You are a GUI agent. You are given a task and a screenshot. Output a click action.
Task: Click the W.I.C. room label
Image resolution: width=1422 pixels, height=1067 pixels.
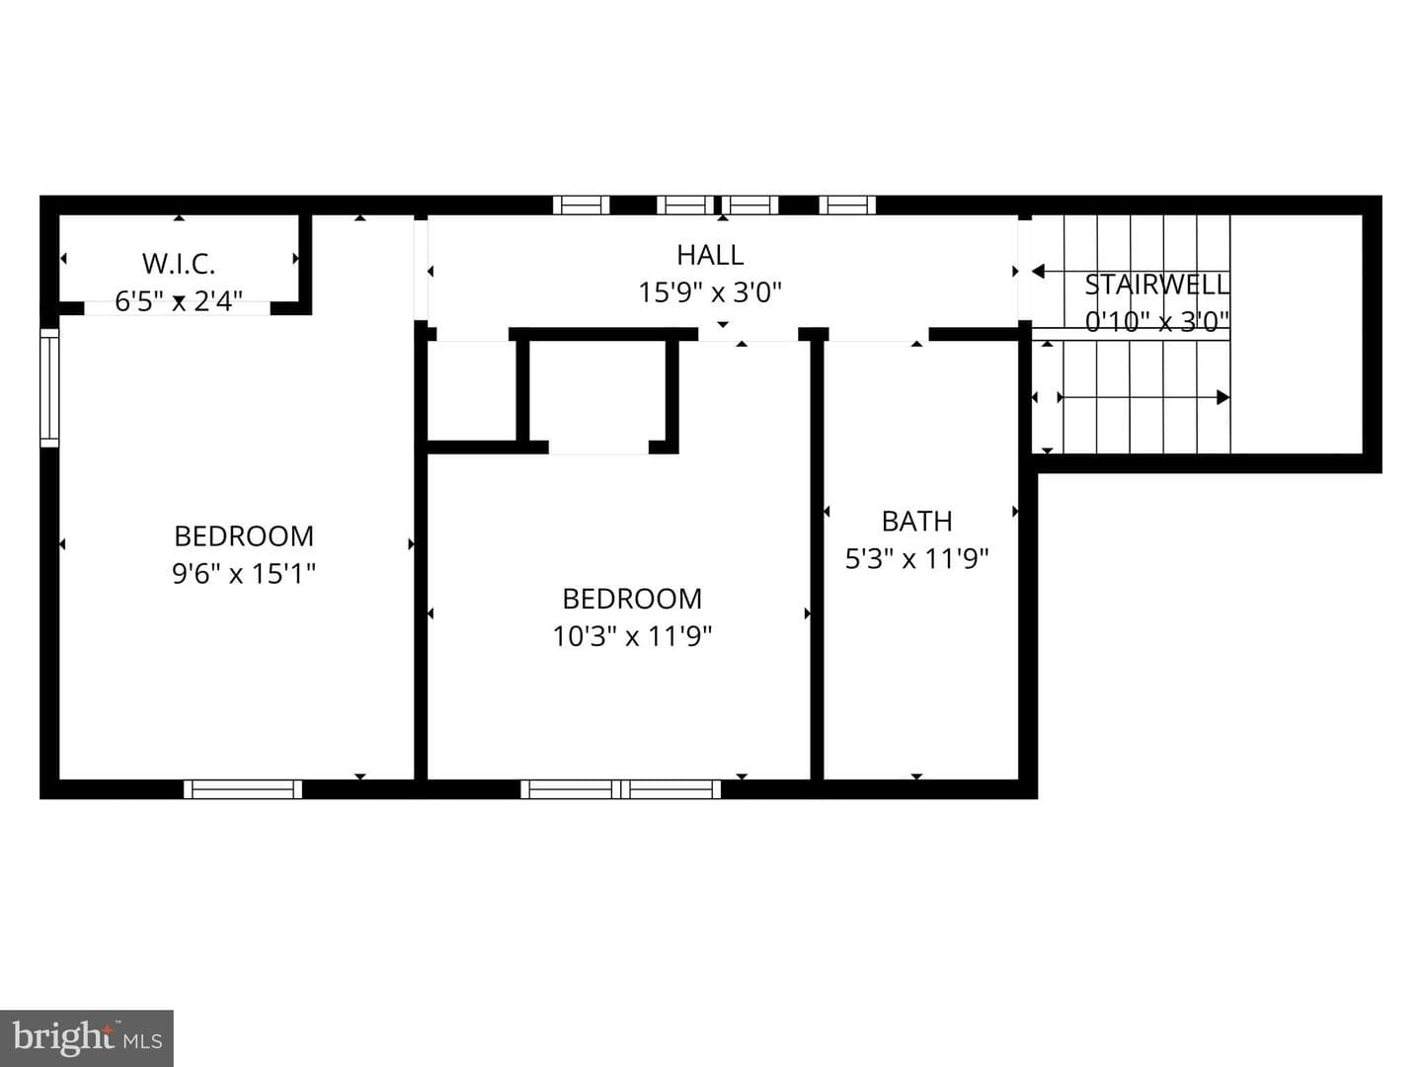pos(178,264)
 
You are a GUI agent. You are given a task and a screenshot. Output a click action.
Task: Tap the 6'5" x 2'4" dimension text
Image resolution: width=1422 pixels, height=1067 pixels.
pos(179,301)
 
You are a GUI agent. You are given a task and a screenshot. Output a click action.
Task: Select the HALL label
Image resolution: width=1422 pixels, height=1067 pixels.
pos(710,255)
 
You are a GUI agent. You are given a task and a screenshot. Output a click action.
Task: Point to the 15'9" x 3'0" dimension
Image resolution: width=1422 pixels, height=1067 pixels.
pos(710,292)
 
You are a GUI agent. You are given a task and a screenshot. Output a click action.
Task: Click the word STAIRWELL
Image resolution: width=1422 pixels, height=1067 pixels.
pos(1157,285)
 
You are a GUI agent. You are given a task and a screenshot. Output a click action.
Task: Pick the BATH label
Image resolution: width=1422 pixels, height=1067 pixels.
pos(916,522)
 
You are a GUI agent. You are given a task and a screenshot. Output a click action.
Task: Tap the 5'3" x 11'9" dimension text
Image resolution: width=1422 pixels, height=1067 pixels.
pos(916,558)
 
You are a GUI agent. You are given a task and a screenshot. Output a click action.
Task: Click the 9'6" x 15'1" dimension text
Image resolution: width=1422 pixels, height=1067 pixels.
pos(244,573)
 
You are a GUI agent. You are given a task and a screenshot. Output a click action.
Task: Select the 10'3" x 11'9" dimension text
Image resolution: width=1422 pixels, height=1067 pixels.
pos(632,636)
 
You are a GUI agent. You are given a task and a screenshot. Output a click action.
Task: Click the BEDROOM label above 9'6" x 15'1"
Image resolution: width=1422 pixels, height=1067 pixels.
pos(244,536)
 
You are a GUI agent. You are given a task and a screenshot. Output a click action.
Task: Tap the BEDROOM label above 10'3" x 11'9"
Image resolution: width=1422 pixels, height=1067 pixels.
pos(632,599)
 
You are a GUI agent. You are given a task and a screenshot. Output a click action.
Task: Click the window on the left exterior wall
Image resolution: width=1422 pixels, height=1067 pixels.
pos(49,387)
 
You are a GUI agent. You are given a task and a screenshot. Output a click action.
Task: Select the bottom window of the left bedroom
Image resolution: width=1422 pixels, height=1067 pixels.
pos(243,789)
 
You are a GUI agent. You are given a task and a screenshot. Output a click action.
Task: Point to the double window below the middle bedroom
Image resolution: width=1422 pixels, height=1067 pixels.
pos(620,789)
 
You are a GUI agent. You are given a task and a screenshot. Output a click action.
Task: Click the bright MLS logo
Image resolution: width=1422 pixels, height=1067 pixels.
pos(87,1037)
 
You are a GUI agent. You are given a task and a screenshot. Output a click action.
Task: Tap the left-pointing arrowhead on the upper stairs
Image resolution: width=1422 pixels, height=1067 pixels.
pos(1038,272)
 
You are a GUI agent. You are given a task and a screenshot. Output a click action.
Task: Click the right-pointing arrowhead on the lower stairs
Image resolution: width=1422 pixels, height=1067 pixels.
pos(1224,397)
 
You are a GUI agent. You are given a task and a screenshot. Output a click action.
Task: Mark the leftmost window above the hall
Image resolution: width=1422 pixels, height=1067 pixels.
pos(581,205)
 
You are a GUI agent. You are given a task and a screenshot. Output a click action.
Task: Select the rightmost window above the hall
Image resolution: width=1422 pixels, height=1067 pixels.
pos(847,205)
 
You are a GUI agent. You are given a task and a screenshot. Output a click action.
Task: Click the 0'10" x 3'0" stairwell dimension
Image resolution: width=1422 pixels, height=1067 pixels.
pos(1157,321)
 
